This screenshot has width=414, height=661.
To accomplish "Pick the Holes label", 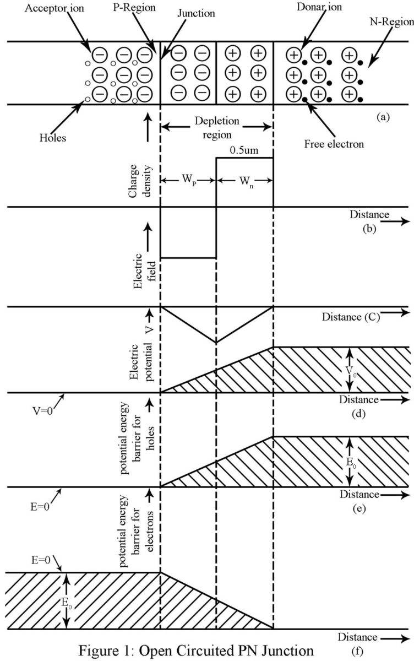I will coord(53,138).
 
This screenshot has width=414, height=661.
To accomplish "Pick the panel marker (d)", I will coord(361,413).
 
